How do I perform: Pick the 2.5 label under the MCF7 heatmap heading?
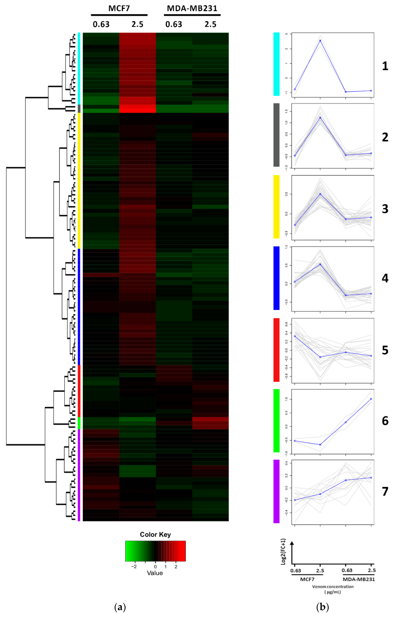pos(137,24)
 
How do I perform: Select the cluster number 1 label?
pos(385,66)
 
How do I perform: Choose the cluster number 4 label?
pos(385,278)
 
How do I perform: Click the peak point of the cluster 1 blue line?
pos(320,41)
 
